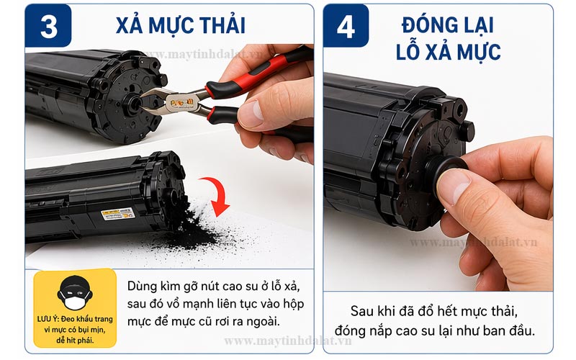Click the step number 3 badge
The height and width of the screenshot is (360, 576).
tap(48, 26)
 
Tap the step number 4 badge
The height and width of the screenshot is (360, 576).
tap(346, 26)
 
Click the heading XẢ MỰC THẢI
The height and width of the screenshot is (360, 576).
tap(180, 26)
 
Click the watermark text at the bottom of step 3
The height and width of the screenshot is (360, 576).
tap(288, 340)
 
